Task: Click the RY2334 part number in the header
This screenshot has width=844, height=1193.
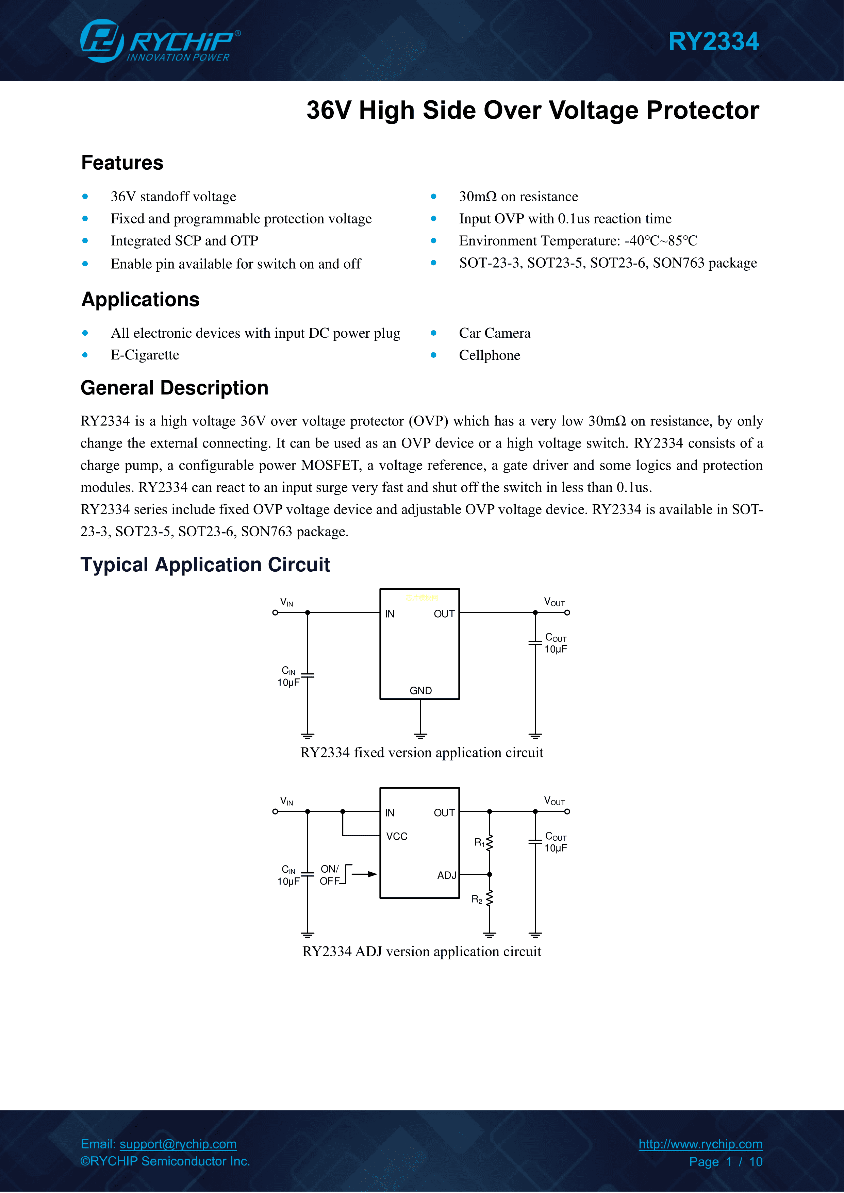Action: [713, 41]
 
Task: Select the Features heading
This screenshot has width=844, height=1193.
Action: [122, 163]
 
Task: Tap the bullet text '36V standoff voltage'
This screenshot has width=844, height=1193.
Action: [173, 197]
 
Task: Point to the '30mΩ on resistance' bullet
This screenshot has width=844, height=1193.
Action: [518, 197]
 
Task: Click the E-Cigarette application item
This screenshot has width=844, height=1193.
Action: [145, 355]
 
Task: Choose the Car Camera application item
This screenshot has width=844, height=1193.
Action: [494, 333]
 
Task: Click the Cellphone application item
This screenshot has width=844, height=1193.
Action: [489, 355]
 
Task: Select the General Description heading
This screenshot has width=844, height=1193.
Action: [174, 388]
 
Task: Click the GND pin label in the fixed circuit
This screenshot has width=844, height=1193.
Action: [420, 691]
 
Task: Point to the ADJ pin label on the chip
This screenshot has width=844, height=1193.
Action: [446, 875]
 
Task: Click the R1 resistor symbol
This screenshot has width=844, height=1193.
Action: [489, 843]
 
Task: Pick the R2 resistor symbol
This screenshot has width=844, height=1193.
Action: [489, 899]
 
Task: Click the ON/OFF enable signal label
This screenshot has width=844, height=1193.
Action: [330, 875]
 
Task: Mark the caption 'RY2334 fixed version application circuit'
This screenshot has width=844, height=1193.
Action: [421, 753]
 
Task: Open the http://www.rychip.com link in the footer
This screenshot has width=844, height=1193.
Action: [700, 1144]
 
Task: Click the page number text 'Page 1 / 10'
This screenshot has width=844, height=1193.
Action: [726, 1162]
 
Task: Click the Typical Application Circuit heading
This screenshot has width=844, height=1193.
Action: [205, 565]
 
